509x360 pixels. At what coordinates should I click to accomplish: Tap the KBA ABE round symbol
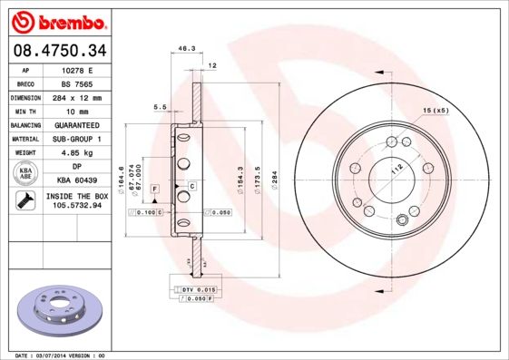[25, 174]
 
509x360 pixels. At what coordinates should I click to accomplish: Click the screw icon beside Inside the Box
[25, 201]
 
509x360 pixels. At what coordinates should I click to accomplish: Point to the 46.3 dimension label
[186, 48]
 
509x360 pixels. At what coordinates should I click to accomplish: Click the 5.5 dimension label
[161, 107]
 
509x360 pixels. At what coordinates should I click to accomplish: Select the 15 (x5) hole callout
[436, 111]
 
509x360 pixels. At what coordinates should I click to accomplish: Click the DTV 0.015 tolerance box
[191, 287]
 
